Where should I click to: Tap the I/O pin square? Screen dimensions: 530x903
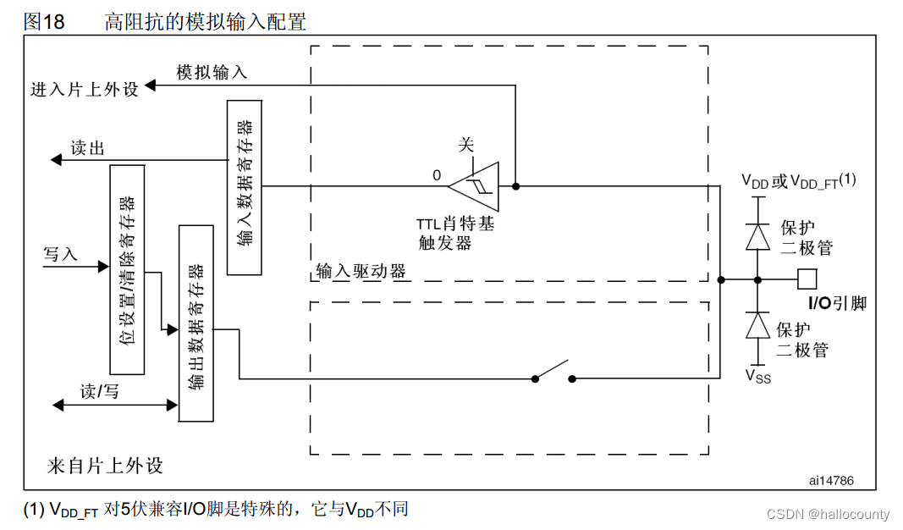[807, 279]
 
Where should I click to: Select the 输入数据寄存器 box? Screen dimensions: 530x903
[244, 187]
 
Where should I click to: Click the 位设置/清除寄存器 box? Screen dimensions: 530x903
[127, 268]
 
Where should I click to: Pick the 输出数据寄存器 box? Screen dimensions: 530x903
[195, 323]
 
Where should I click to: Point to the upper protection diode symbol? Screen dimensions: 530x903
[757, 237]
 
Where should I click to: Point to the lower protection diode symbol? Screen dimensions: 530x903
[757, 326]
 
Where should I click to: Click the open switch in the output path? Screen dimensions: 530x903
[553, 373]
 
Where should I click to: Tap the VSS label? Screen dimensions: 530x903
[757, 375]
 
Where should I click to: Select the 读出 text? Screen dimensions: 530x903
[87, 149]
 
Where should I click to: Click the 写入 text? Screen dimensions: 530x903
[60, 254]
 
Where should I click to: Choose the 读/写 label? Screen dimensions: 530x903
[99, 391]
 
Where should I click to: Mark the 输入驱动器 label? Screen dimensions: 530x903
[361, 271]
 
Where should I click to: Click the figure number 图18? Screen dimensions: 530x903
[44, 22]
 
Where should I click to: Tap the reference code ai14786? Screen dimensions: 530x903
[831, 480]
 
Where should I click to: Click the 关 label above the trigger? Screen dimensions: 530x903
[466, 144]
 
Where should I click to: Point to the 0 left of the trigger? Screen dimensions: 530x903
[437, 175]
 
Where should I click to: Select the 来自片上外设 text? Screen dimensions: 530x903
[105, 466]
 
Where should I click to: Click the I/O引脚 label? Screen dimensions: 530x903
[838, 303]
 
